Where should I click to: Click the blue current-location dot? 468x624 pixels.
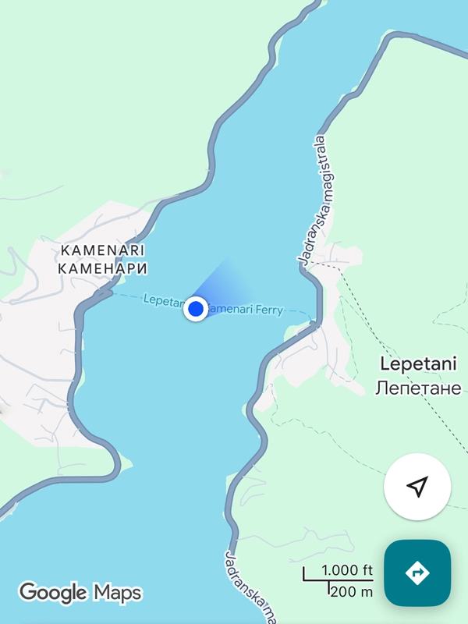pos(196,310)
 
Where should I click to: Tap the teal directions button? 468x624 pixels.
pos(417,573)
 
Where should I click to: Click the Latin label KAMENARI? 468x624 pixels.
pos(103,251)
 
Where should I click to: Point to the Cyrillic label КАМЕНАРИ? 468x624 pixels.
pos(103,268)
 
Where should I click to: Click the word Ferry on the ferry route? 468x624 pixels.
pos(268,310)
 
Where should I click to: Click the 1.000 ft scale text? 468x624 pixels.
pos(346,569)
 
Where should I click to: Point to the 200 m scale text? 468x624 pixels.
pos(351,592)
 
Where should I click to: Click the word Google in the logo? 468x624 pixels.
pos(53,593)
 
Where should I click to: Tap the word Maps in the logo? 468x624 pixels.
pos(118,594)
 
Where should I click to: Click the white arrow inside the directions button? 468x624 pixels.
pos(417,573)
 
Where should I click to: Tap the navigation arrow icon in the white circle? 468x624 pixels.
pos(417,487)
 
